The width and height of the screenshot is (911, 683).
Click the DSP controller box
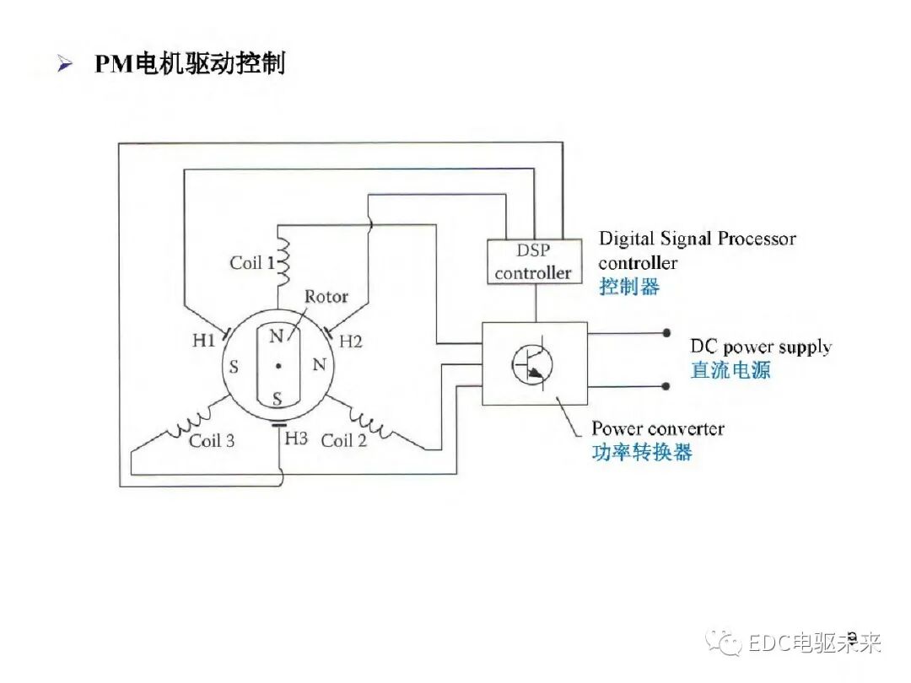pos(533,261)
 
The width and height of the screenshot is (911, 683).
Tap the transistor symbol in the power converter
pos(533,363)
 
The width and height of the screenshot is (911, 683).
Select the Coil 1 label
pos(251,263)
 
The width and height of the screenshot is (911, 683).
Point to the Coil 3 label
pos(212,440)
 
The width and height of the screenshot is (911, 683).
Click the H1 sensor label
pos(204,341)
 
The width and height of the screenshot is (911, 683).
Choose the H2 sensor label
pos(350,341)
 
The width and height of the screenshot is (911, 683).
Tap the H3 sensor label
pos(296,438)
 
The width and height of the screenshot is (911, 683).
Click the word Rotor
pos(326,297)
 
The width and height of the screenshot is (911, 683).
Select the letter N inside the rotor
pos(276,336)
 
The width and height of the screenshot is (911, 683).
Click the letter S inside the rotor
pos(276,396)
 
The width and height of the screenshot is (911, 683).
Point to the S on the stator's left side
pos(234,367)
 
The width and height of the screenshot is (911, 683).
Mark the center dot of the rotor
pos(278,366)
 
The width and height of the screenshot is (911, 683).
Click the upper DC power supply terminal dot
pos(666,333)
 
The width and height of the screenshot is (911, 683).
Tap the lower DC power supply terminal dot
pos(666,386)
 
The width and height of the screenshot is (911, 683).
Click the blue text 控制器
pos(629,287)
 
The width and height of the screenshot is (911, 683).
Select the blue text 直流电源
pos(730,370)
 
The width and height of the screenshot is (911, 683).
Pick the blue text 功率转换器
pos(641,453)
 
